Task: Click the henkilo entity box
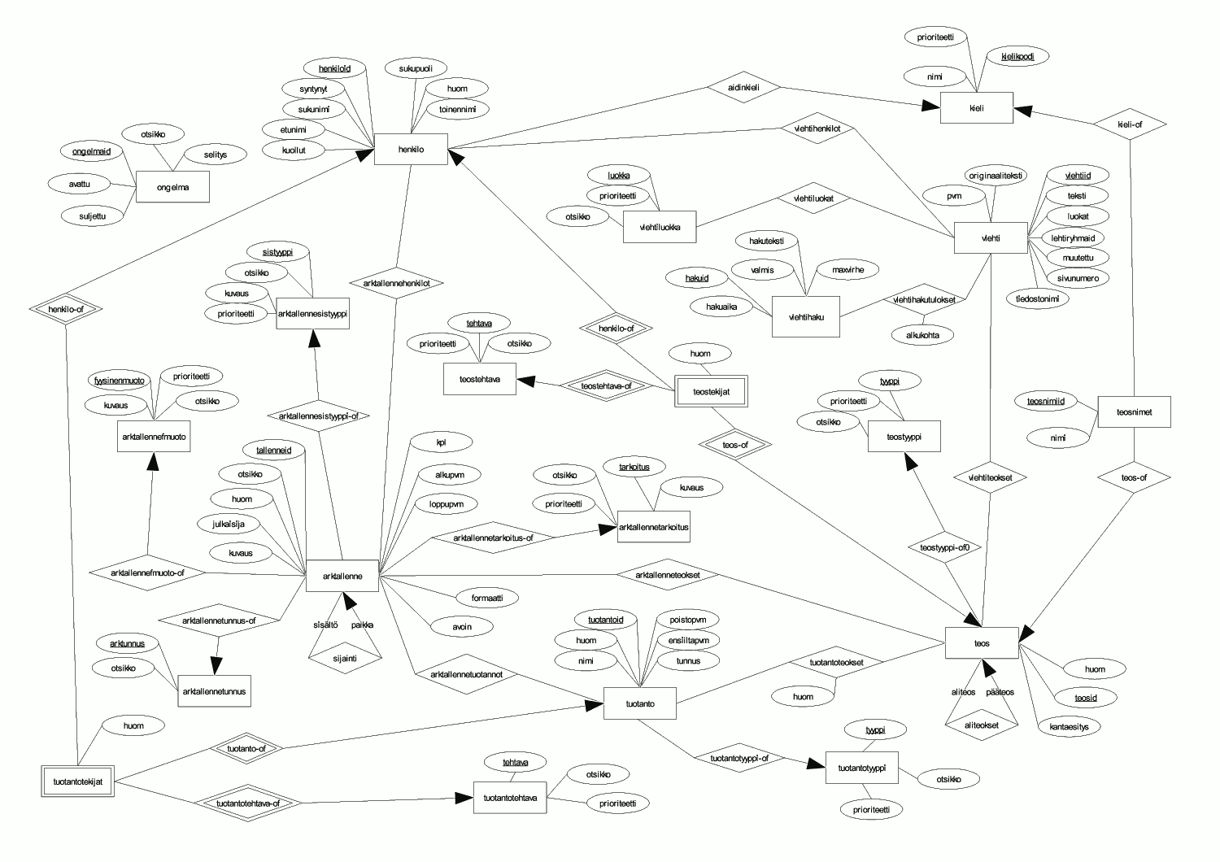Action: pos(411,149)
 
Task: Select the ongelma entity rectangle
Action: pos(172,187)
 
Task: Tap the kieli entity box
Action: pos(977,108)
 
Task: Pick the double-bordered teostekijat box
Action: pos(712,391)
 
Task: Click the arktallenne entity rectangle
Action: pos(342,576)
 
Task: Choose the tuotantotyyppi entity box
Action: pos(861,768)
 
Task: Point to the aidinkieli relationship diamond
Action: pos(743,87)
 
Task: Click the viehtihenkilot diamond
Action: pos(817,128)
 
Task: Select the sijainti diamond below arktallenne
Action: pos(345,659)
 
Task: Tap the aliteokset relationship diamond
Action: pos(982,725)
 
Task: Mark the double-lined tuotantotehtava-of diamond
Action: pos(248,803)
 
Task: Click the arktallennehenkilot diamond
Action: pos(397,283)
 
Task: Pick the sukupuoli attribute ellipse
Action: pos(416,68)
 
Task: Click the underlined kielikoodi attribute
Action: pos(1017,56)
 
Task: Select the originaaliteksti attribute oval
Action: pos(996,176)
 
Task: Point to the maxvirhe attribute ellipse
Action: pos(848,269)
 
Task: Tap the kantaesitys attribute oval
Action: pos(1069,726)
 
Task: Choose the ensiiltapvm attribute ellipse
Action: pos(688,640)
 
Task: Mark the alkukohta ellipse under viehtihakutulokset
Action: pos(922,335)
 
